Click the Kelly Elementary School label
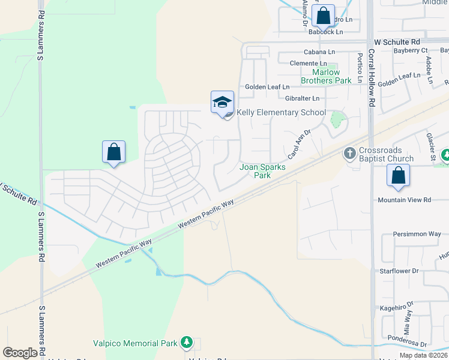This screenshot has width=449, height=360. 281,113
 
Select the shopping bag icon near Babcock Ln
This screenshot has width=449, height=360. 324,16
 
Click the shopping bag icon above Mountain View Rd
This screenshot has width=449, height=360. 398,175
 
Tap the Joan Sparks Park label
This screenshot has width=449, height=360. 263,172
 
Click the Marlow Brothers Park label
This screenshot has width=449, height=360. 326,76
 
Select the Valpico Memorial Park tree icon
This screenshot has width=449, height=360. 187,343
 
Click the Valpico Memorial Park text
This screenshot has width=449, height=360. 135,344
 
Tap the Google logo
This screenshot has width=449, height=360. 20,353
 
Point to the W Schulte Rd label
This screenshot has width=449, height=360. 397,42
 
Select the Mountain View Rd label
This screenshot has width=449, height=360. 404,200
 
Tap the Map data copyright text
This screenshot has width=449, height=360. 423,355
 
